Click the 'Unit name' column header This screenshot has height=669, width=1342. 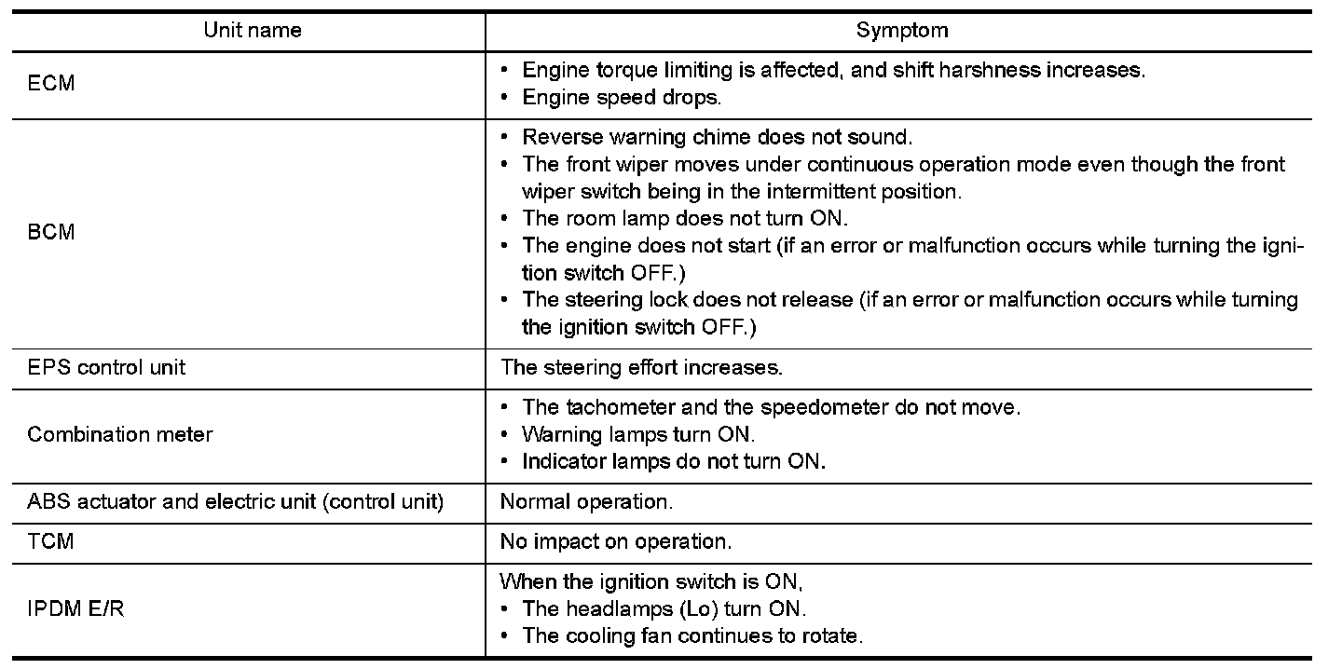(253, 31)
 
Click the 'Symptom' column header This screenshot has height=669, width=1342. (901, 31)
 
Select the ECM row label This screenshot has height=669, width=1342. (51, 84)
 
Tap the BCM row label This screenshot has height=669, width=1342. (51, 233)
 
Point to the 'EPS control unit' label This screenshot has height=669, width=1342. (106, 367)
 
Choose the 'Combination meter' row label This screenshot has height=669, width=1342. (120, 434)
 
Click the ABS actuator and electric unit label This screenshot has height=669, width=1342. (235, 501)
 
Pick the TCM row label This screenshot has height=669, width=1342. (50, 541)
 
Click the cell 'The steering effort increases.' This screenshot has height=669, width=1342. (641, 367)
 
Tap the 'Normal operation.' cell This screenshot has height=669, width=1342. (586, 501)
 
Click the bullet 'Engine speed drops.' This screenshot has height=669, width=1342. (622, 97)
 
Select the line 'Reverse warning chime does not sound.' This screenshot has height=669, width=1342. (717, 137)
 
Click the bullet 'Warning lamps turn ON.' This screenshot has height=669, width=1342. (638, 434)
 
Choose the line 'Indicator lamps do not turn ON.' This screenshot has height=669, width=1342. (673, 461)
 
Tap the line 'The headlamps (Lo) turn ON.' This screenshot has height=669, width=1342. (664, 609)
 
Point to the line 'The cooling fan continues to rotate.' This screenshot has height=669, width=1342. (692, 636)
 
